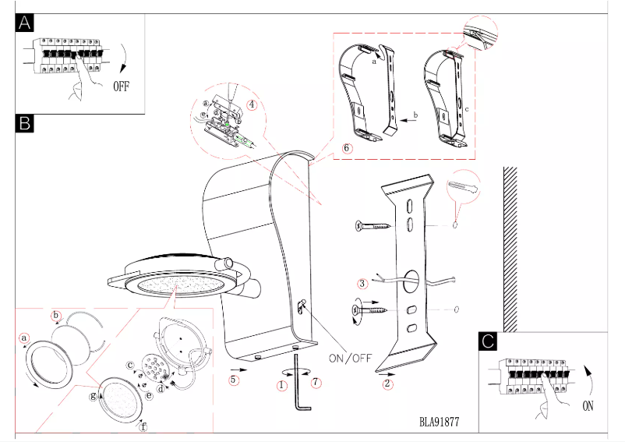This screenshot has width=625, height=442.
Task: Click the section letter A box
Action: [25, 24]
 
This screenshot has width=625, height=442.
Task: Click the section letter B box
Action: [25, 122]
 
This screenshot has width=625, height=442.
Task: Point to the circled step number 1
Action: [281, 384]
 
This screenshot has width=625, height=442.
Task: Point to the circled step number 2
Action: [388, 384]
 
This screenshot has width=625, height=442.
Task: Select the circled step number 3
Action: [362, 283]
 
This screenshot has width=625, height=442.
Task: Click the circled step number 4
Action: [252, 104]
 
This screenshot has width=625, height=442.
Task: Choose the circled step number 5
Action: [233, 380]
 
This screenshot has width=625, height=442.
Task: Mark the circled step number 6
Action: [347, 147]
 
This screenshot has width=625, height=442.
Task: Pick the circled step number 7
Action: [315, 381]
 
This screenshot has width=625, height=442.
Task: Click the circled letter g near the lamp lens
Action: [93, 396]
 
